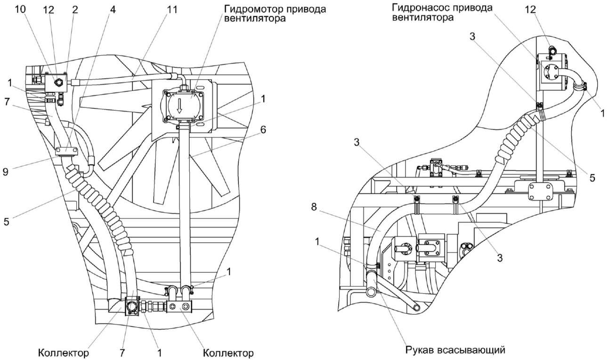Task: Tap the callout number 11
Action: coord(172,9)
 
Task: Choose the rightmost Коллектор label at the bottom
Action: coord(228,352)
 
